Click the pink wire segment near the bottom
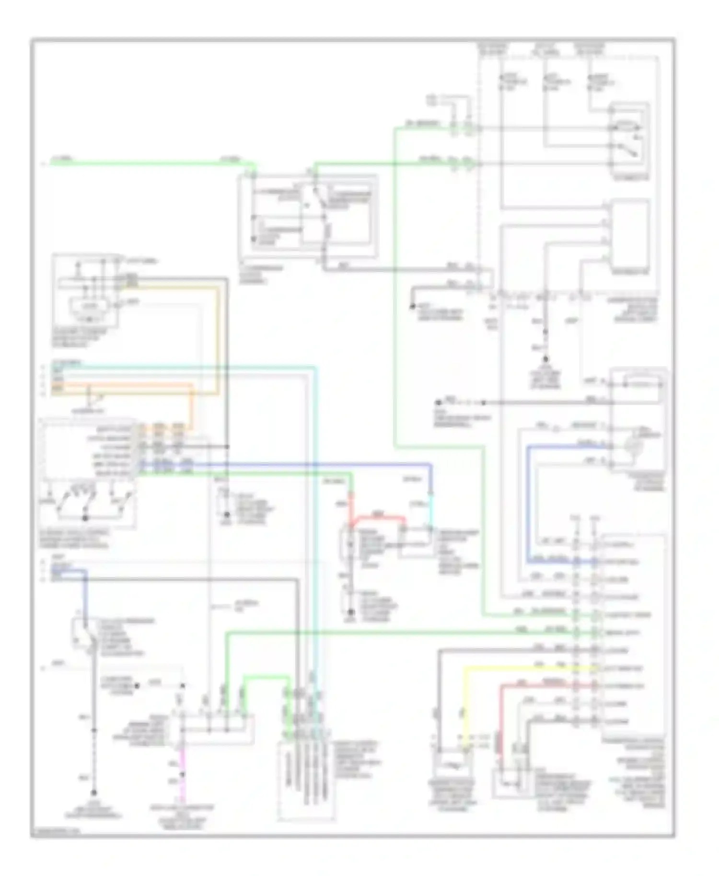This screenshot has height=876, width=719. coord(182,786)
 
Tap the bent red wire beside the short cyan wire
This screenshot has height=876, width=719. coord(379,518)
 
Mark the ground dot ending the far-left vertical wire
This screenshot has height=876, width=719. coord(94,793)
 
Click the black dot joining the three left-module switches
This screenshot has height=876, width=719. coord(86,518)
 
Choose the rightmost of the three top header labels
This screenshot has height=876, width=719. coord(589,48)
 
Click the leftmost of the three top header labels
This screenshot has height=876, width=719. coord(493,48)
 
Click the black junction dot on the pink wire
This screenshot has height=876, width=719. coord(182,774)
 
